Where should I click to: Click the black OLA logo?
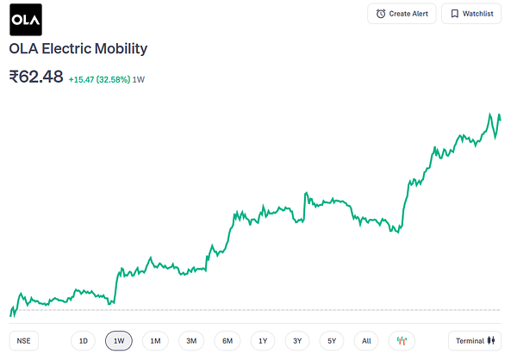point(26,20)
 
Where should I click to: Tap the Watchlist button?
point(471,14)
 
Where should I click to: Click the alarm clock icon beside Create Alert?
point(381,14)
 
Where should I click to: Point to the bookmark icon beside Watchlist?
point(455,14)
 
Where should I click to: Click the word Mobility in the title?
point(121,49)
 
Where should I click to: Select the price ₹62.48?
point(36,77)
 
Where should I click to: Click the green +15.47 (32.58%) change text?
point(99,79)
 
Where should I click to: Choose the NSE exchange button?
point(24,341)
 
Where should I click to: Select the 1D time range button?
point(83,341)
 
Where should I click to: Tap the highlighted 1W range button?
point(119,341)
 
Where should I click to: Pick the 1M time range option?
point(155,341)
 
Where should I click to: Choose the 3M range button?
point(191,341)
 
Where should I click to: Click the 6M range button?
point(227,341)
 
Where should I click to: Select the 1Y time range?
point(263,341)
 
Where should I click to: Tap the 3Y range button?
point(297,341)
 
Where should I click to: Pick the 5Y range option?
point(332,341)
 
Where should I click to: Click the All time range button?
point(366,341)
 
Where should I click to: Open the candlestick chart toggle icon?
point(402,341)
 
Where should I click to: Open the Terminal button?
point(475,341)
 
